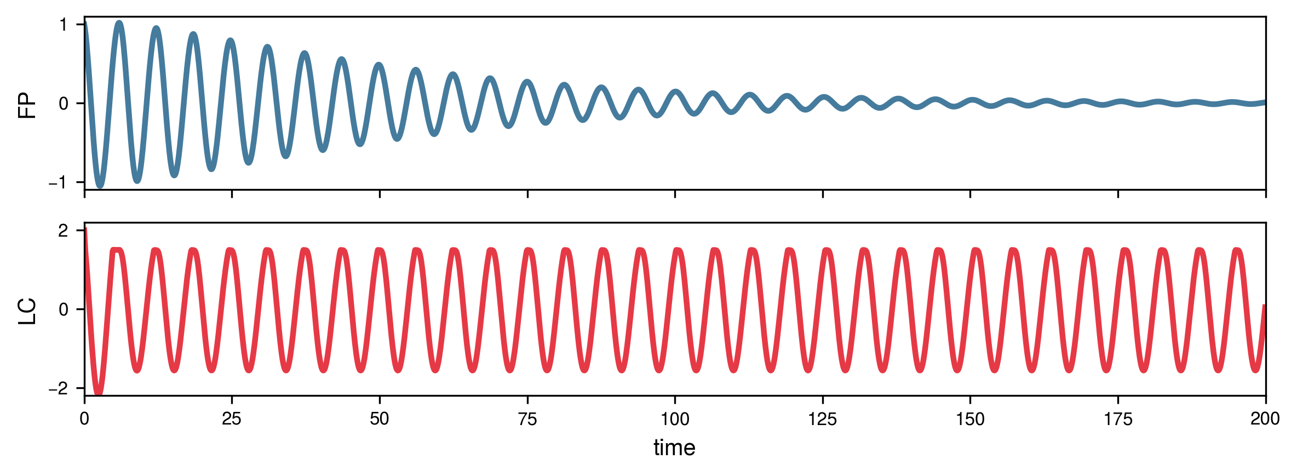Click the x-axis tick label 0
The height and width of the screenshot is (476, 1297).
click(x=84, y=420)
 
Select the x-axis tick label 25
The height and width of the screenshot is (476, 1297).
click(x=232, y=420)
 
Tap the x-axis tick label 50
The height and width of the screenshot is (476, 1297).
click(x=380, y=420)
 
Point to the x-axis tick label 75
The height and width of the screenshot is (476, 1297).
click(x=527, y=420)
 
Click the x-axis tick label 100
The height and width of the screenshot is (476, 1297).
click(x=675, y=420)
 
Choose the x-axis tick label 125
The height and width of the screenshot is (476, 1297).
click(x=822, y=420)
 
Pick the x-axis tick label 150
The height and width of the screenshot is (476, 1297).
click(x=970, y=420)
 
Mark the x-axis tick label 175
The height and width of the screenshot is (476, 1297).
click(x=1117, y=420)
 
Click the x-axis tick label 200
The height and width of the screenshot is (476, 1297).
click(x=1265, y=420)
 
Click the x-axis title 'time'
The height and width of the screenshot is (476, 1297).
click(x=674, y=448)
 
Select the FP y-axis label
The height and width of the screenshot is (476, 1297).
click(x=27, y=104)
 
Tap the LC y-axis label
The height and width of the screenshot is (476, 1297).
click(x=27, y=311)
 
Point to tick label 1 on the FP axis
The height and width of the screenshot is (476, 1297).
click(x=64, y=25)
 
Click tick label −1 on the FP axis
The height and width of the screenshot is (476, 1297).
click(x=58, y=183)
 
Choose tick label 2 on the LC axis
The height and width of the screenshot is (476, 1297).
click(x=64, y=231)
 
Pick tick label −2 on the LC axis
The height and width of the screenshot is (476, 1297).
click(x=58, y=389)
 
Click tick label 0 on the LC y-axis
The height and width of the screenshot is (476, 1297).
click(x=64, y=310)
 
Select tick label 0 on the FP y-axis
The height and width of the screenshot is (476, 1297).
click(x=64, y=104)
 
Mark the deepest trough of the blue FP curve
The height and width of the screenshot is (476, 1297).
click(x=100, y=186)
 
